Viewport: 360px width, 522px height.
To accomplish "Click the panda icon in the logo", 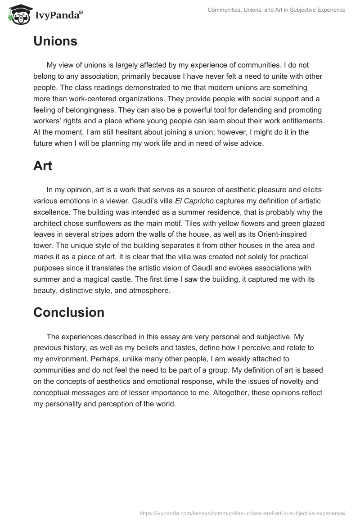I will click(18, 15).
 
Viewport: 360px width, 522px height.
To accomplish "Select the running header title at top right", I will click(276, 10).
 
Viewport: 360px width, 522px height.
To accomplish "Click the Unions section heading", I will click(55, 41).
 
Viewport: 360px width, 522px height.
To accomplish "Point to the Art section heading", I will click(43, 166).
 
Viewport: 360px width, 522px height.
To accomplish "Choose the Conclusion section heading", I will click(69, 312).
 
